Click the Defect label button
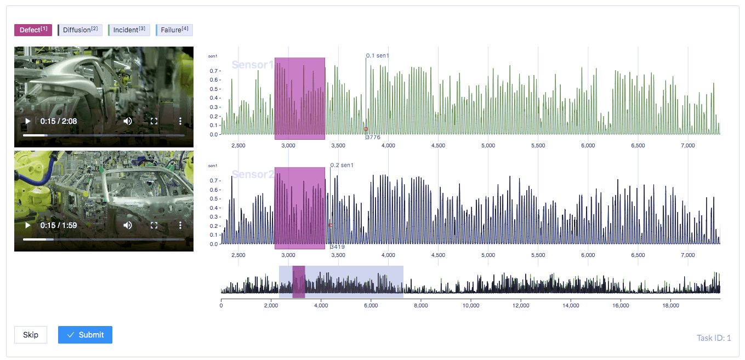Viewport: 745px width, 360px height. (33, 30)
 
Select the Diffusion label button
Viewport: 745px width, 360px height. (80, 30)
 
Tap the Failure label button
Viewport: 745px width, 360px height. (174, 30)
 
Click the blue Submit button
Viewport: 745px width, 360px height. (85, 335)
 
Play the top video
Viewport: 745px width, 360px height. (27, 121)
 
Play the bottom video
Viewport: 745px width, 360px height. (27, 225)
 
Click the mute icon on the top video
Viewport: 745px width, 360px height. (128, 121)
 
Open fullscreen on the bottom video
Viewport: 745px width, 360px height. (154, 225)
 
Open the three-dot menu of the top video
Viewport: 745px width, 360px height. (180, 121)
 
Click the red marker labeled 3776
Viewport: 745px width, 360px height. (366, 129)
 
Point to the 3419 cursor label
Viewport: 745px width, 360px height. (338, 247)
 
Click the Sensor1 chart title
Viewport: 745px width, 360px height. (253, 65)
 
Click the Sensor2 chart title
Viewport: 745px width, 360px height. (253, 175)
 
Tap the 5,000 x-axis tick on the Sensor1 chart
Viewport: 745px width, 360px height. (488, 146)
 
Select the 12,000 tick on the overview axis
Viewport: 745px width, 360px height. (521, 306)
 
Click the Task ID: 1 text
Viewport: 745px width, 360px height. (714, 338)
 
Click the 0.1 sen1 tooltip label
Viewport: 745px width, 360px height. (378, 56)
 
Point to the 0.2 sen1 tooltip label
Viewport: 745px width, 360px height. (342, 165)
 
